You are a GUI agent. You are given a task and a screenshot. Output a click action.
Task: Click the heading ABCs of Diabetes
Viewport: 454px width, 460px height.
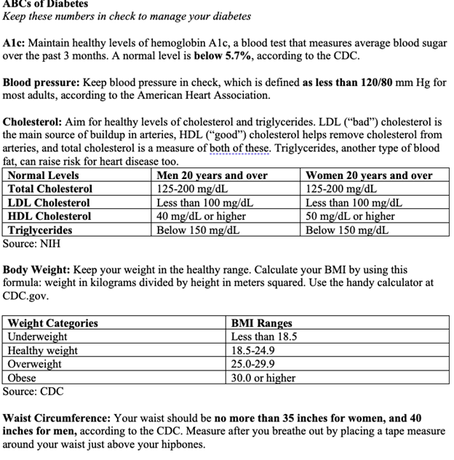(x=45, y=4)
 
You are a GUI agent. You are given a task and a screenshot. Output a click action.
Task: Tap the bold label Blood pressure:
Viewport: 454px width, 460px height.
(x=42, y=82)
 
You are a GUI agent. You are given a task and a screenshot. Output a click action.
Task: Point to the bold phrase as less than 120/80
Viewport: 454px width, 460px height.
(x=346, y=82)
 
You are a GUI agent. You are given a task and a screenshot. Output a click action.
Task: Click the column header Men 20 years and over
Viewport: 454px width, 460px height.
(x=212, y=175)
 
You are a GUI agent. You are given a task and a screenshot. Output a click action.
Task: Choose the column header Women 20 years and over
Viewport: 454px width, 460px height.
(x=368, y=175)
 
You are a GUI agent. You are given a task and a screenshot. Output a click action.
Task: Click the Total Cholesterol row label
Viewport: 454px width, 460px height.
(x=50, y=189)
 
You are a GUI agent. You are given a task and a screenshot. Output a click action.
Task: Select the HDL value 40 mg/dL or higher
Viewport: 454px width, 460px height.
(x=202, y=216)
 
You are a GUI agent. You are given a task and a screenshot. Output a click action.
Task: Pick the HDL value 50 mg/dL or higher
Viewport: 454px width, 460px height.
(x=350, y=216)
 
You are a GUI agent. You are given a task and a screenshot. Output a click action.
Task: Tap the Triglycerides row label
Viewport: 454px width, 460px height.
(x=40, y=230)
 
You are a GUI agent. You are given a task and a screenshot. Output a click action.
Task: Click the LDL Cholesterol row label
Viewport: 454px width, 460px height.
(x=49, y=203)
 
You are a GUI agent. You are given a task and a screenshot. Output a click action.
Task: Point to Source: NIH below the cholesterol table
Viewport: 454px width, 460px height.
(x=31, y=244)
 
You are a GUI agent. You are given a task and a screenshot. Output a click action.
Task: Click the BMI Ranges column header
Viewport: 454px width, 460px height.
(x=261, y=323)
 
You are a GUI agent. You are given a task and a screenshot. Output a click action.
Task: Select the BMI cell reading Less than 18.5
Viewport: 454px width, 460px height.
(x=263, y=336)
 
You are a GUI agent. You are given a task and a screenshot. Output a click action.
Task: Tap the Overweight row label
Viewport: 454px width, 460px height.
(x=35, y=364)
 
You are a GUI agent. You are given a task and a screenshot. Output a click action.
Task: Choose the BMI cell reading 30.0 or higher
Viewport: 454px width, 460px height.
(x=263, y=378)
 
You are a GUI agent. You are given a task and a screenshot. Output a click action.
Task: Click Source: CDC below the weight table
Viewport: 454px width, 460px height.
(x=33, y=392)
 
